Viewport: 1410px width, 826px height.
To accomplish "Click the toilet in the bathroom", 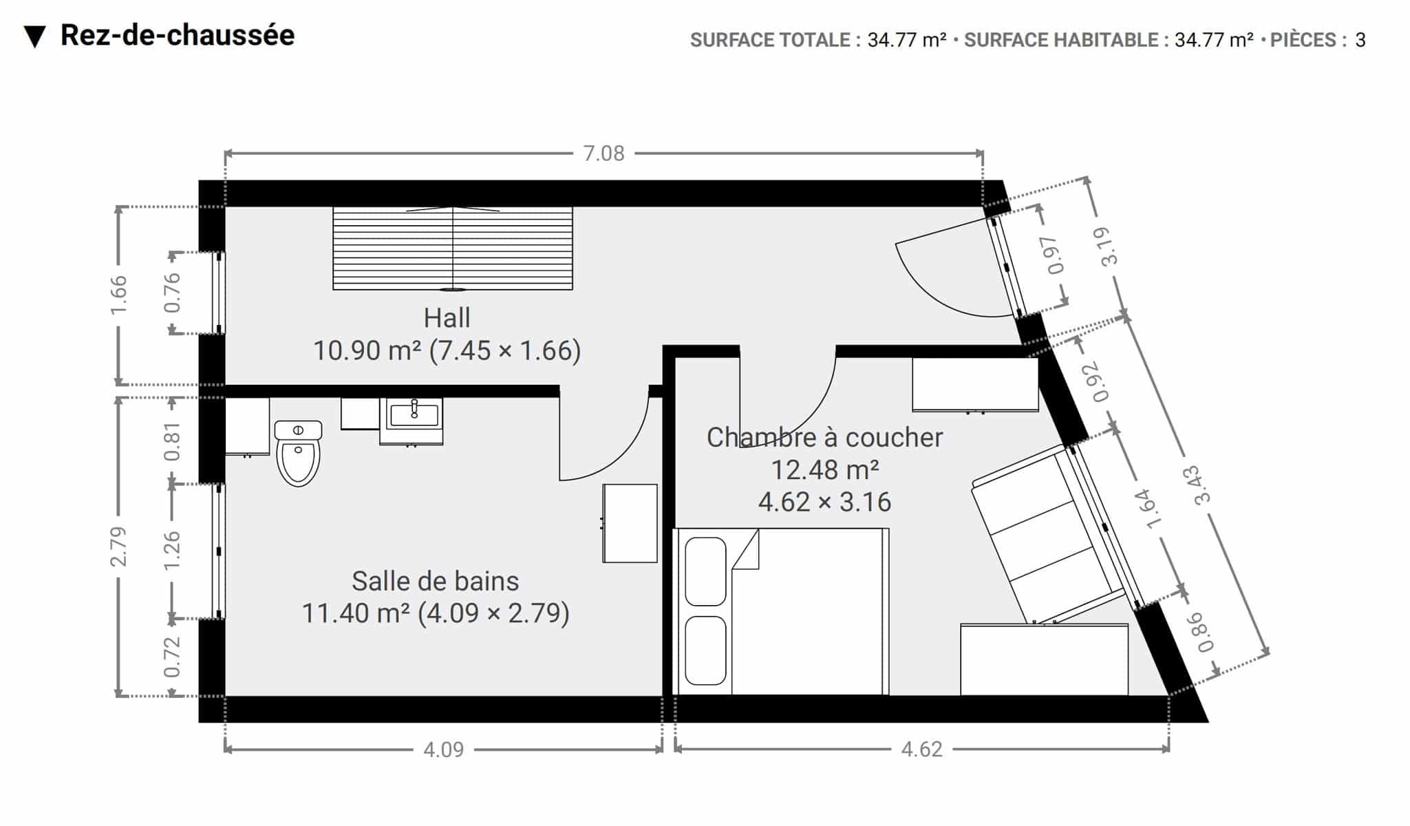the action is click(x=298, y=453).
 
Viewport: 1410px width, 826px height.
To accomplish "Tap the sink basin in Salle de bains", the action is click(x=414, y=415).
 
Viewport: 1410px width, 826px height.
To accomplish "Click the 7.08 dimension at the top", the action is click(x=603, y=153).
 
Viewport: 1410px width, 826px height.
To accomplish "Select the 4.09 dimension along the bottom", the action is click(x=443, y=749).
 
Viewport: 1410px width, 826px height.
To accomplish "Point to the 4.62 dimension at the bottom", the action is click(x=921, y=749).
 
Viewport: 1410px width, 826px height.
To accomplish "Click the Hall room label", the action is click(x=447, y=318).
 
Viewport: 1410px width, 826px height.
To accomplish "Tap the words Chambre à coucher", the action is click(x=824, y=437).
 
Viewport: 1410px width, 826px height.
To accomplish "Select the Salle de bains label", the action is click(x=435, y=581).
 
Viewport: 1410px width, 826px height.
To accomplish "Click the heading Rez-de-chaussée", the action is click(x=178, y=35).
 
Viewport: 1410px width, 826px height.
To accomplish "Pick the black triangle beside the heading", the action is click(x=34, y=37).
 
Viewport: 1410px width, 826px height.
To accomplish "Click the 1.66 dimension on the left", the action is click(x=119, y=295).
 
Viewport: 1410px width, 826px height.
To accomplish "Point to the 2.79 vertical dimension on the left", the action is click(x=119, y=546).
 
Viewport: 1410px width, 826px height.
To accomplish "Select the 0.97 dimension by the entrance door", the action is click(x=1053, y=255).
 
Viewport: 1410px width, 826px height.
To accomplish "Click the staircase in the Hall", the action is click(x=453, y=248).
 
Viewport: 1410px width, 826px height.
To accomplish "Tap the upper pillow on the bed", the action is click(x=705, y=571).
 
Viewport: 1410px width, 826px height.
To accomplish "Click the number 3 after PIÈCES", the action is click(x=1360, y=40).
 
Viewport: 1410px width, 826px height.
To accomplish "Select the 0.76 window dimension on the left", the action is click(x=171, y=293).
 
